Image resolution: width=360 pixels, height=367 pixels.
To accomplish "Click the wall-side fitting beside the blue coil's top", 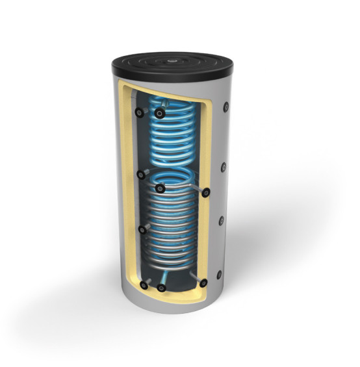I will coord(139,112).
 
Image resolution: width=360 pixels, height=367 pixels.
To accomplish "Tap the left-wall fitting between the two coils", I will coord(141,173).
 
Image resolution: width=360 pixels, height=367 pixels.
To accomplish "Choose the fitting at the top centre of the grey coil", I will coord(160,188).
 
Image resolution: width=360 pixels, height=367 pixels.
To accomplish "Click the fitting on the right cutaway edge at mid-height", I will coord(206,192).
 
